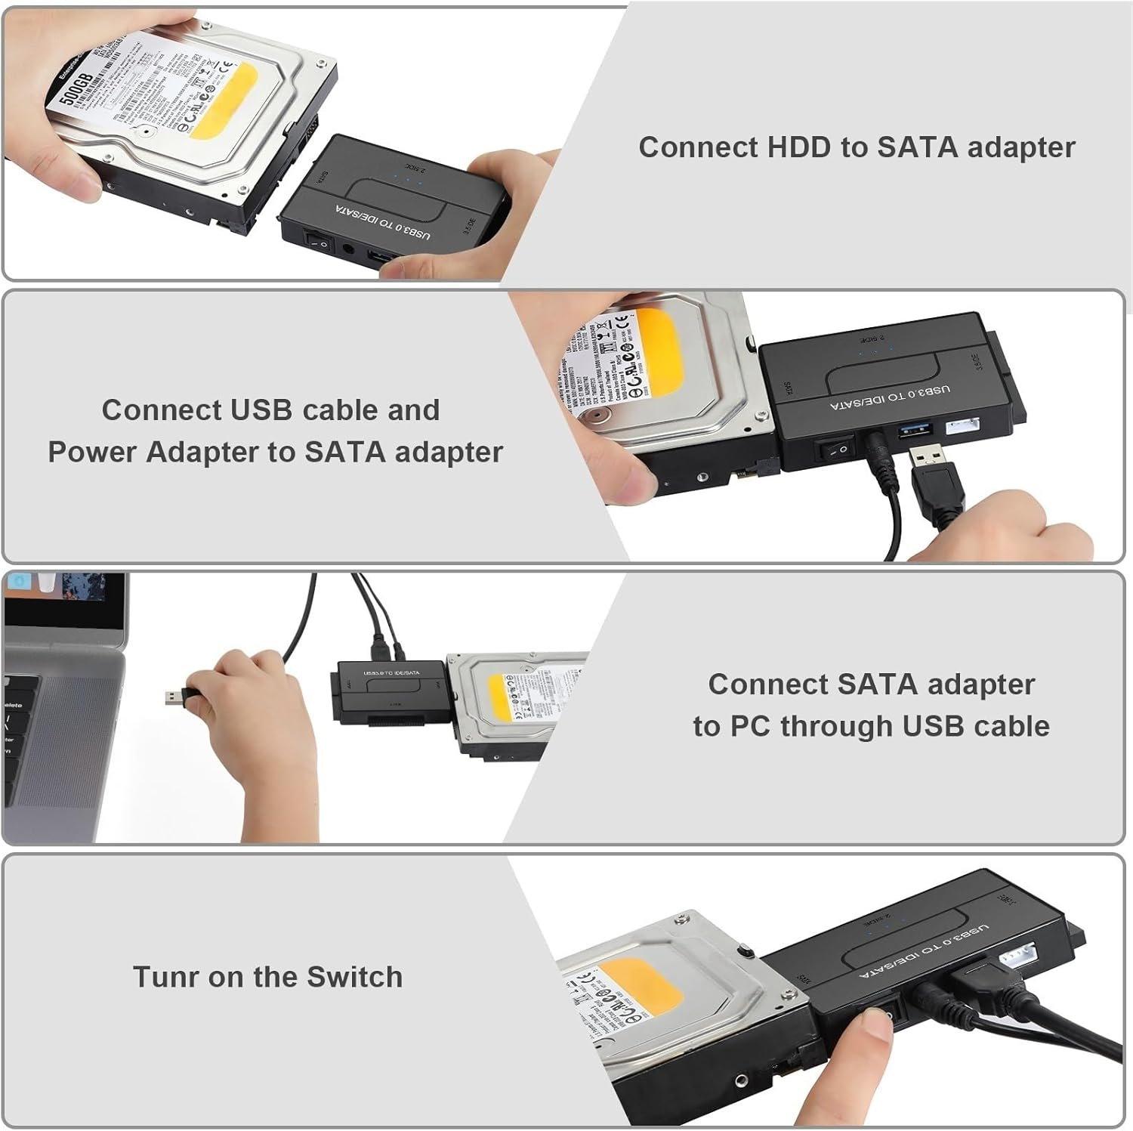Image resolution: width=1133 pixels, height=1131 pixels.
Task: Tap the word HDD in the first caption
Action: click(x=798, y=147)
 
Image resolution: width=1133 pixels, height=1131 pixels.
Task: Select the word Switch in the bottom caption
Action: click(x=354, y=977)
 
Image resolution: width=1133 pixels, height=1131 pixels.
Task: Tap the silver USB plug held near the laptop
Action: click(x=177, y=698)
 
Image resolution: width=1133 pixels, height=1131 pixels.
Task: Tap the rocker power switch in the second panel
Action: click(x=834, y=451)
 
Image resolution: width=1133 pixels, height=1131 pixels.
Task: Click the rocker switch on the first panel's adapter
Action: click(x=317, y=241)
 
